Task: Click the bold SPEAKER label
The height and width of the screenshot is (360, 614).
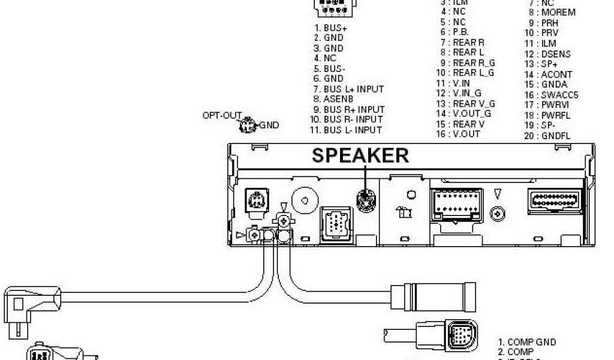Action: coord(360,155)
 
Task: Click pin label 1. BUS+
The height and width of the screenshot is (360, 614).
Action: coord(330,28)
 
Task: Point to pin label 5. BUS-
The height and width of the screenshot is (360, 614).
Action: coord(330,68)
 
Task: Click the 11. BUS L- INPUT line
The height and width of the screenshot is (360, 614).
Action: coord(347,130)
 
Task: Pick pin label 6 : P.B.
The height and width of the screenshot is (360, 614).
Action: coord(454,32)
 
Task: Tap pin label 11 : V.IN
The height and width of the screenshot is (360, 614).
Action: coord(453,83)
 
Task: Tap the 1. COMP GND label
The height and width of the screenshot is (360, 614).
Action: coord(527,342)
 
